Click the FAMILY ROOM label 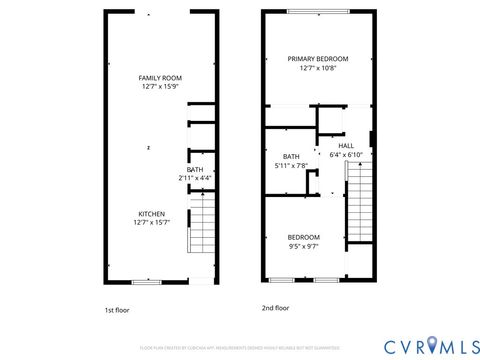[x=160, y=77]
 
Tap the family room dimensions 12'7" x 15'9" [x=160, y=87]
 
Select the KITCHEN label [x=152, y=214]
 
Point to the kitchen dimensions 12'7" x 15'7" [x=152, y=224]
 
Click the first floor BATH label [x=195, y=169]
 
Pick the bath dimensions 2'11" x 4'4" [x=195, y=178]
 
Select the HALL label [x=346, y=145]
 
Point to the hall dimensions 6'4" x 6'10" [x=346, y=155]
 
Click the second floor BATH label [x=291, y=156]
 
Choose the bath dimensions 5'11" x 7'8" [x=291, y=166]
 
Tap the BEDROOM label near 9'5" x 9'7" [x=304, y=236]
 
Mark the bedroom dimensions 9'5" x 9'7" [x=304, y=246]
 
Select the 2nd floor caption [x=275, y=309]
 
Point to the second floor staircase [x=358, y=200]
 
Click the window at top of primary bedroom [x=318, y=12]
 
